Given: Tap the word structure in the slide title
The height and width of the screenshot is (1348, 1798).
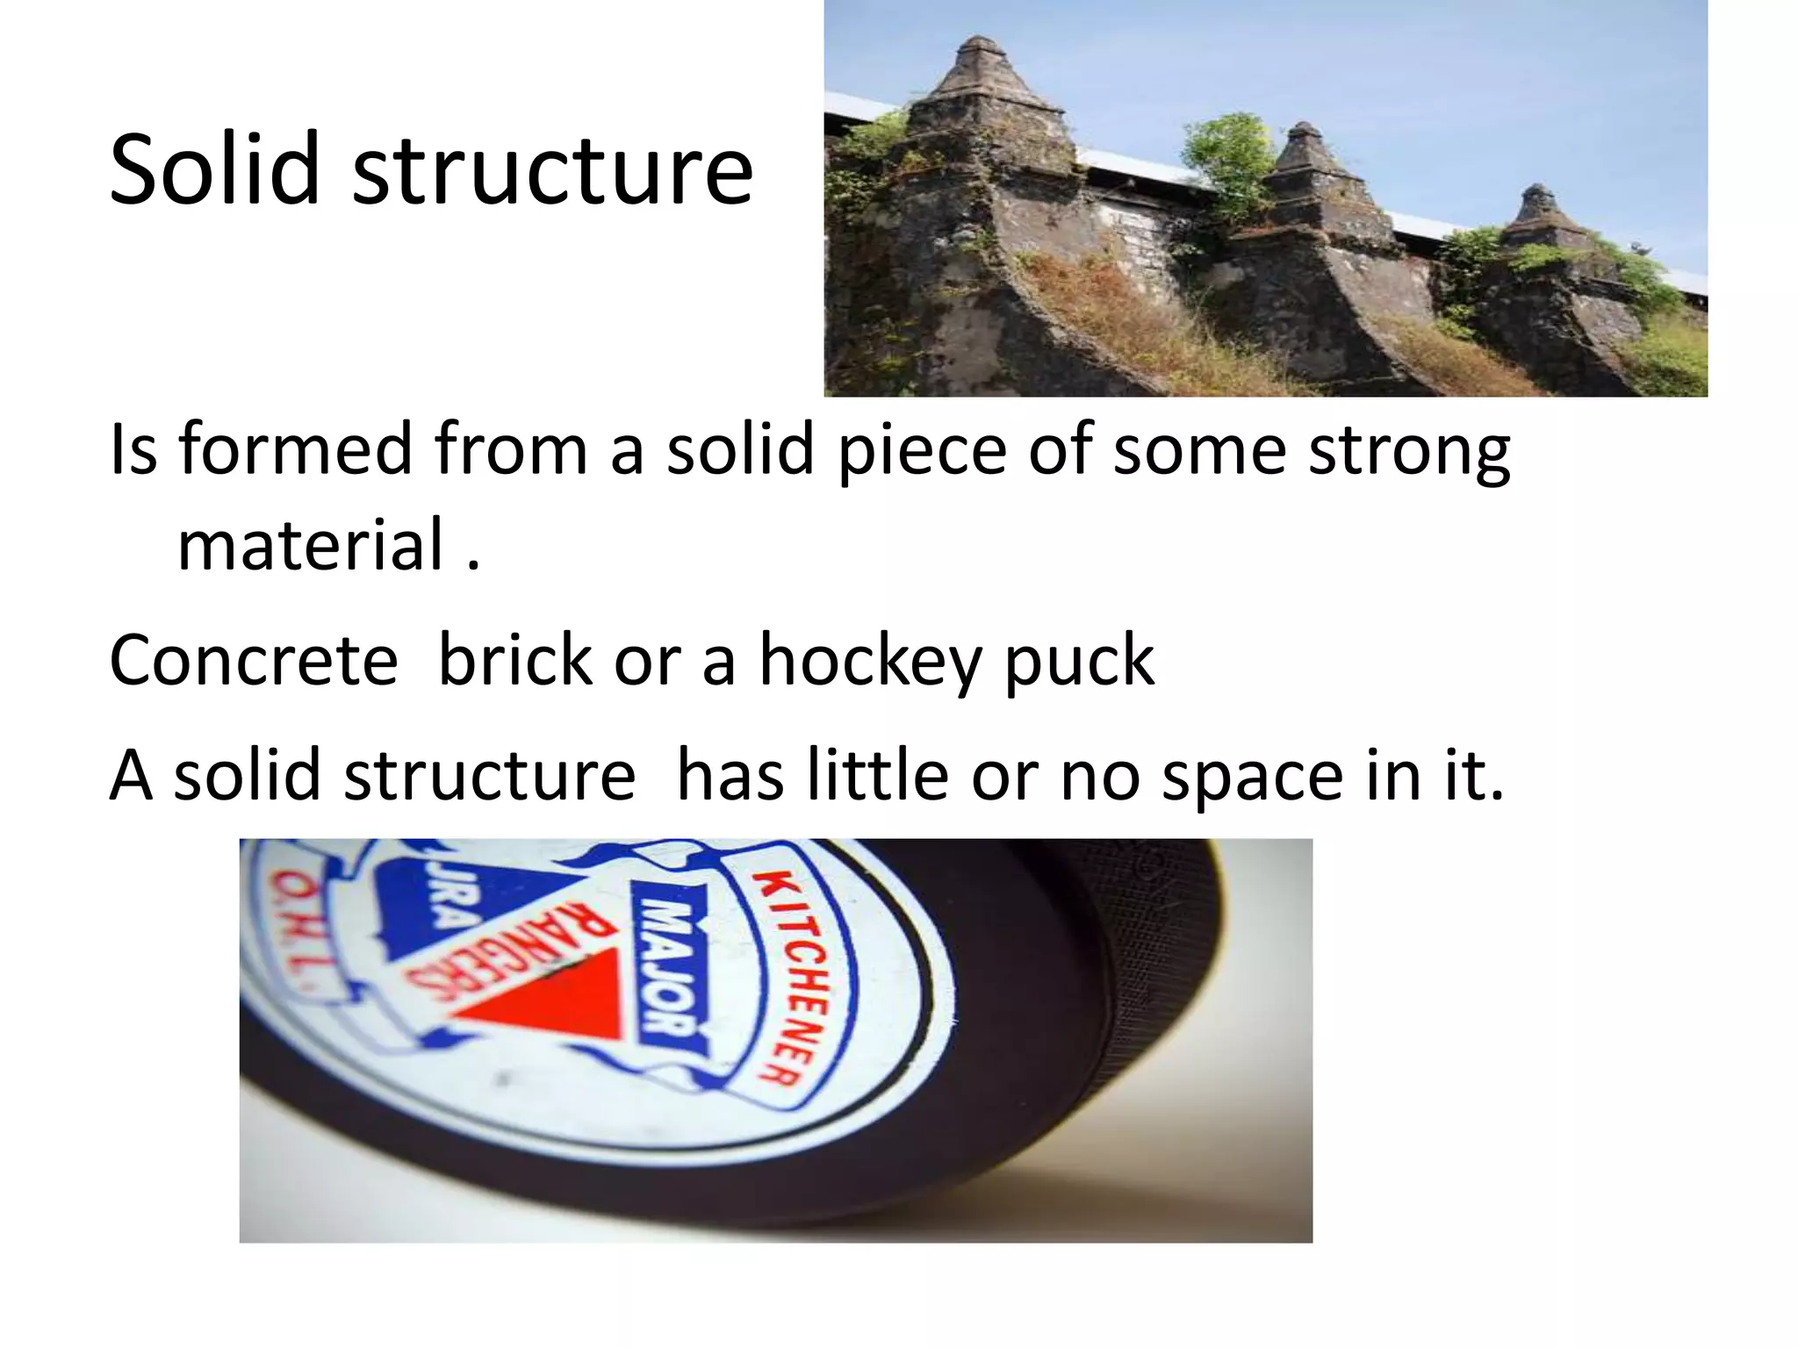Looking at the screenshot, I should (x=553, y=172).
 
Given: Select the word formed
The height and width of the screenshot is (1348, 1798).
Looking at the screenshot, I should (x=296, y=449).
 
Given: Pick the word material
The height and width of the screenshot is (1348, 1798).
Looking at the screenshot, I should (x=312, y=545).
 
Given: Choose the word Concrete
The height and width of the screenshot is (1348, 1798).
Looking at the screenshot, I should (x=254, y=660).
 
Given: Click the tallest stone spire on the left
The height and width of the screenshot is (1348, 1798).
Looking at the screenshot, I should (x=981, y=97).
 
